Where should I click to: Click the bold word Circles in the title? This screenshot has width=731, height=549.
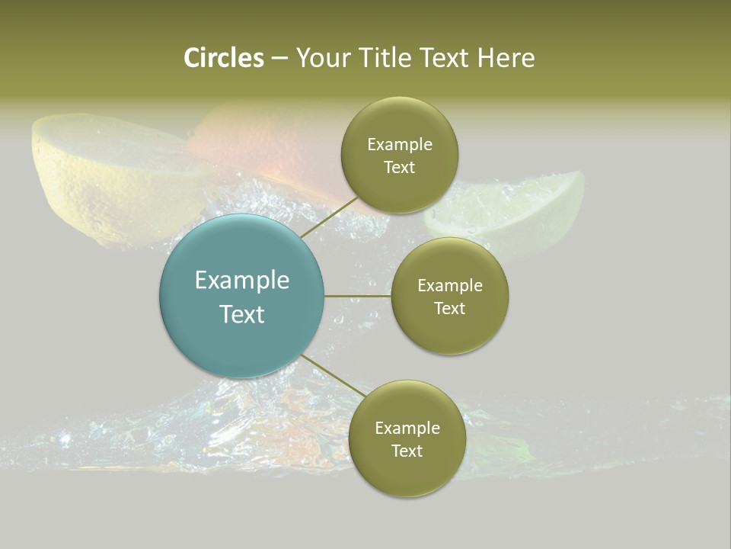coord(223,58)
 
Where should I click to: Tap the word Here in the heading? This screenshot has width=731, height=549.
coord(506,58)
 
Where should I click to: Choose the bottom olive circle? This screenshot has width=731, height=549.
coord(407,473)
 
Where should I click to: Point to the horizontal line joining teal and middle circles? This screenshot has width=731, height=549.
coord(357,296)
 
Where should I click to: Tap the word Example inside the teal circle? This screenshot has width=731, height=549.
coord(241,281)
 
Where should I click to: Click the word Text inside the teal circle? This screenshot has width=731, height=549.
coord(241,314)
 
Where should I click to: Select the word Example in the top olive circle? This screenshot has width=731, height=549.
coord(400,145)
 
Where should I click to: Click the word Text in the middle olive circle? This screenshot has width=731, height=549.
coord(450,309)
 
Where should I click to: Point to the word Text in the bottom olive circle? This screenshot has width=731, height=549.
coord(407,451)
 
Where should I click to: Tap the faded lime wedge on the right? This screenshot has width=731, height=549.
coord(533,206)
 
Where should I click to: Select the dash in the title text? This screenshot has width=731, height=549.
coord(279,58)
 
